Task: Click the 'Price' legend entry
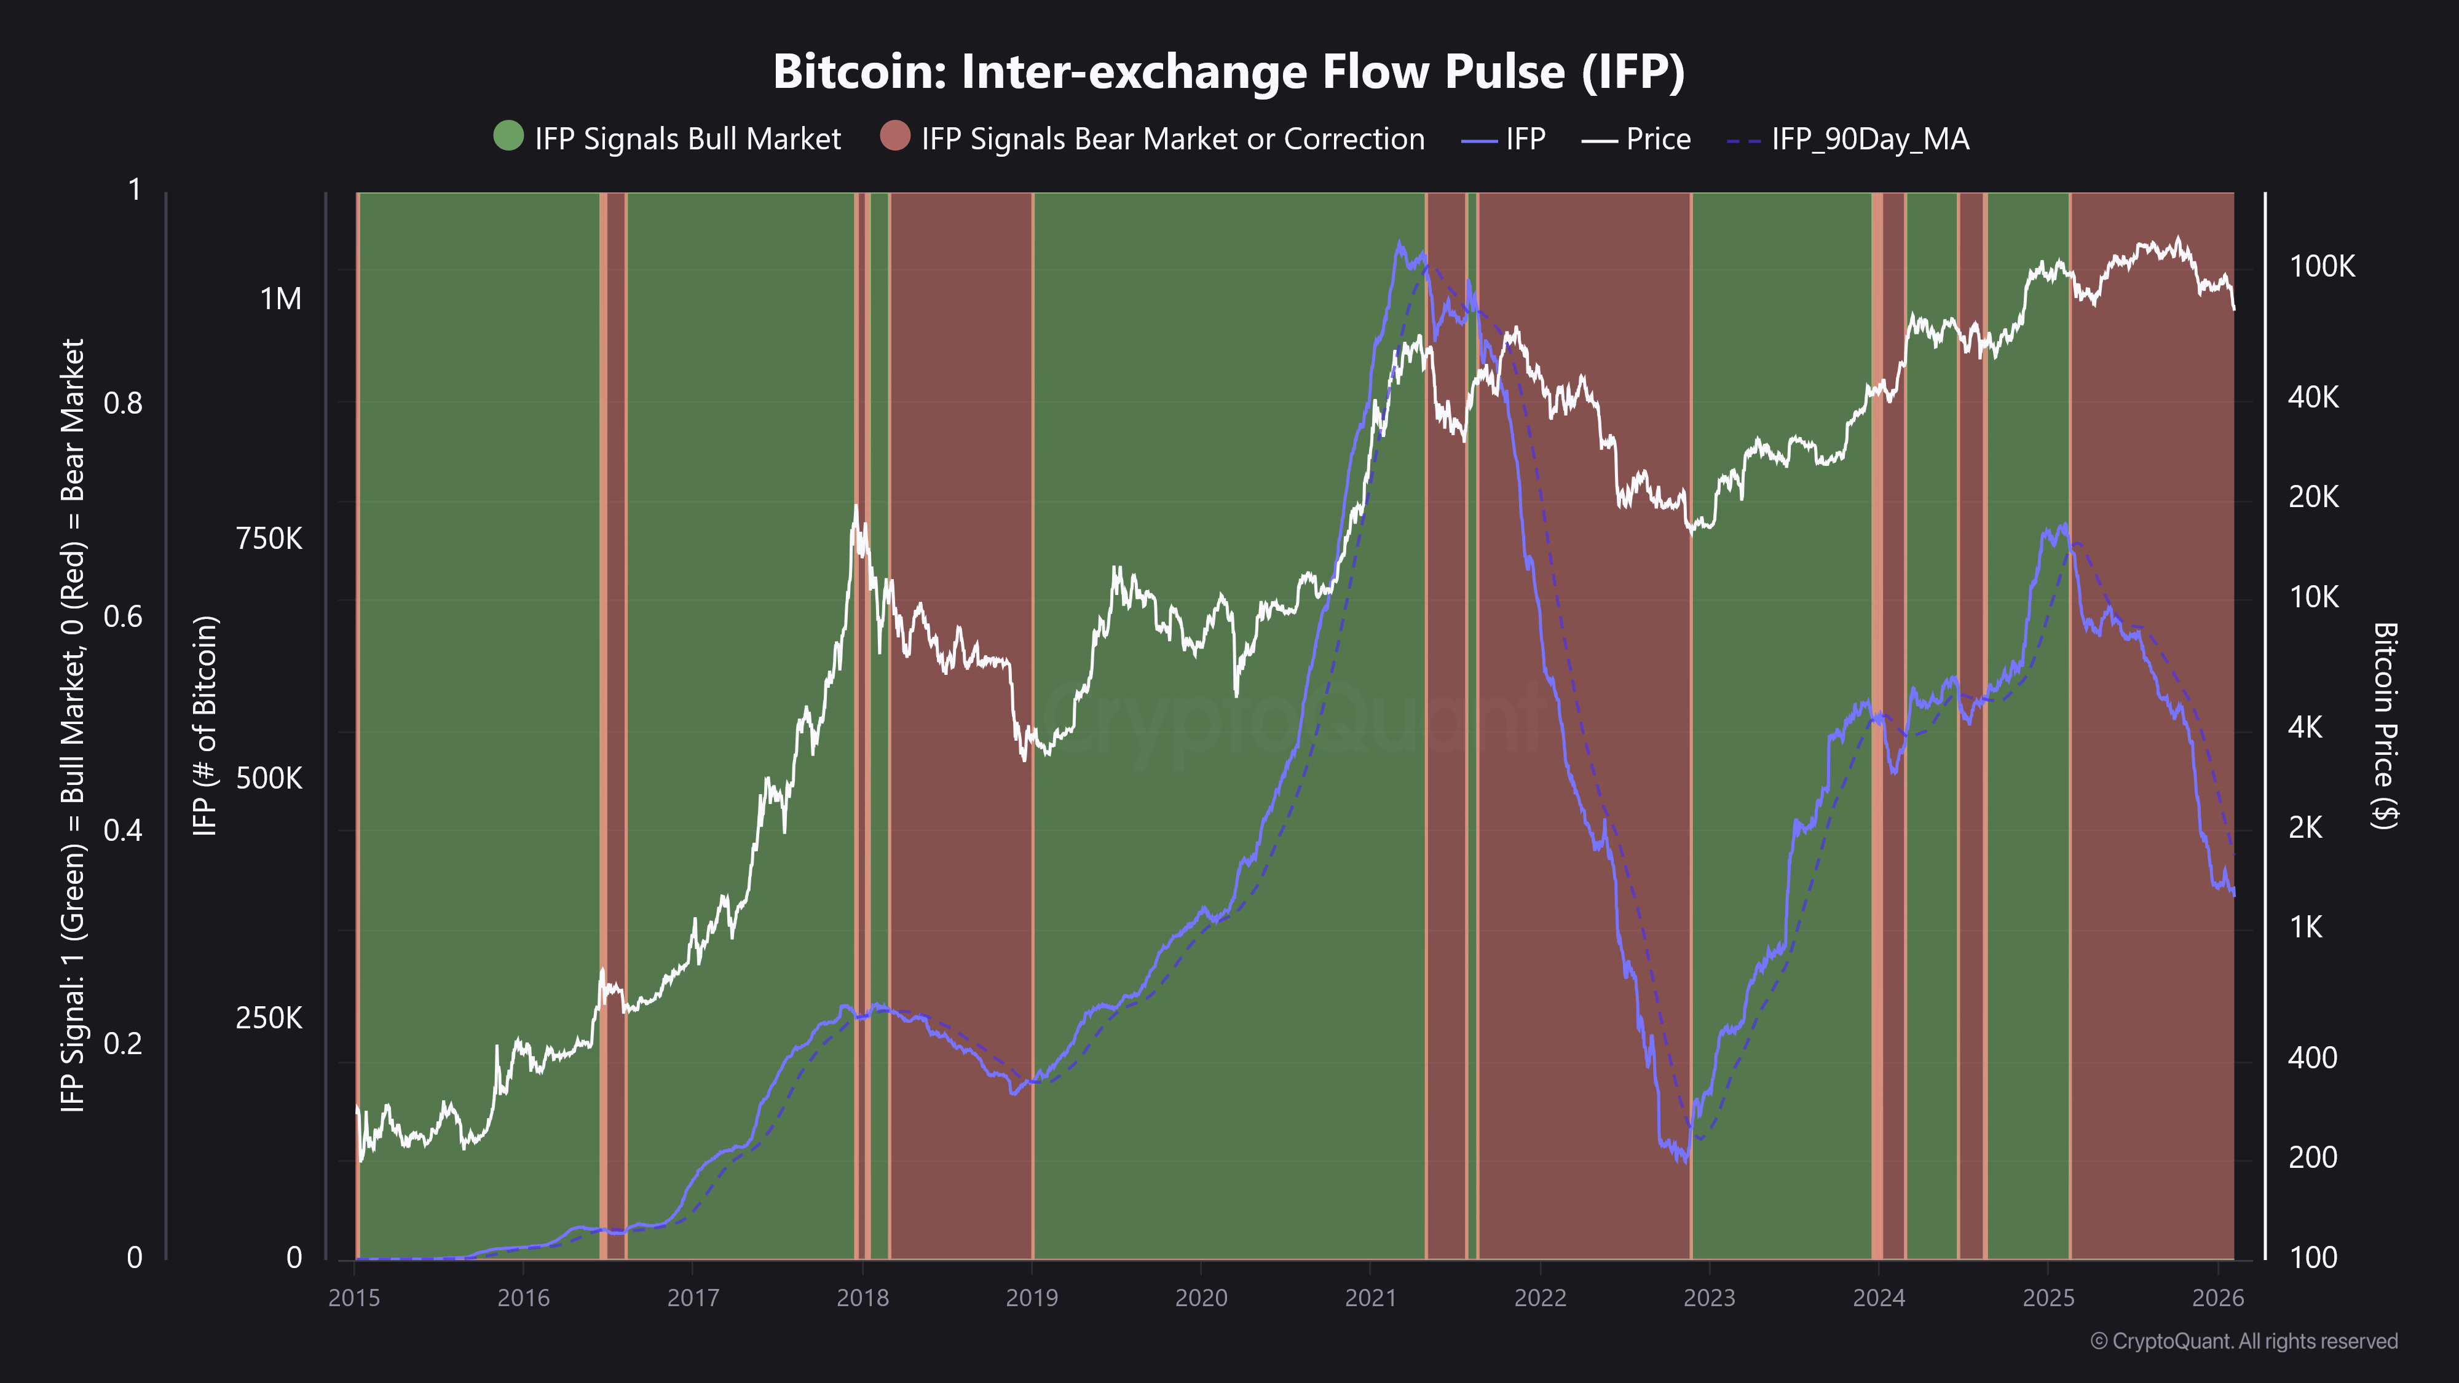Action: [1657, 140]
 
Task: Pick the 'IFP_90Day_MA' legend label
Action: [1869, 140]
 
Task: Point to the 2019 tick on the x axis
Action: [1032, 1297]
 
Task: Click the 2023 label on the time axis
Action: [1709, 1297]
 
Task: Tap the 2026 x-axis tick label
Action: [2217, 1297]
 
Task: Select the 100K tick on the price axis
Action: [2321, 266]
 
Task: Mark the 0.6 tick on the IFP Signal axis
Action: [122, 617]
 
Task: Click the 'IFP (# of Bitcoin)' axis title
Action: [205, 725]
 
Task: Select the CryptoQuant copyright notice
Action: [2243, 1341]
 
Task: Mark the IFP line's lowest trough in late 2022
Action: [1685, 1162]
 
